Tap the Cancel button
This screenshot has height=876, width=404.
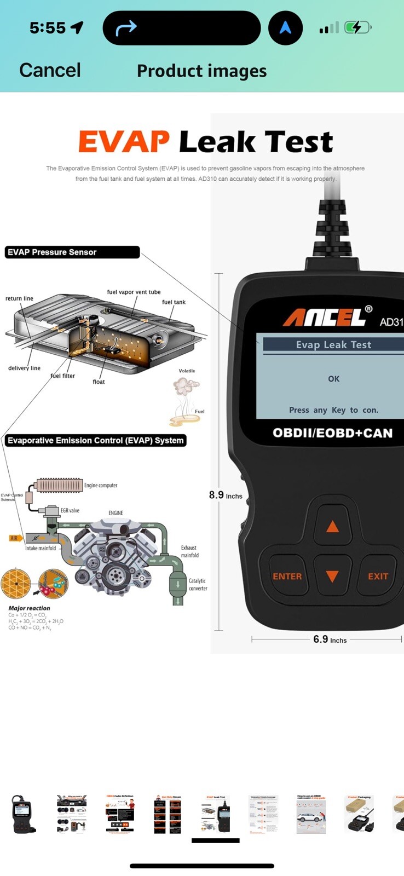[50, 70]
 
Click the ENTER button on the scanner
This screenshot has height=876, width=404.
[287, 577]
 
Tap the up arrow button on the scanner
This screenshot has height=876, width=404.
[332, 527]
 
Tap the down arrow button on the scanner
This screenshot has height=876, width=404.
[332, 576]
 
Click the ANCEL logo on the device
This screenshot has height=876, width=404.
[324, 317]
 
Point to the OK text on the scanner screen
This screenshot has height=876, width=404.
[333, 379]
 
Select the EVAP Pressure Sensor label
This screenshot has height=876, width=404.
[52, 252]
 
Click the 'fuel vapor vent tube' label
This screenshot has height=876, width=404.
[134, 292]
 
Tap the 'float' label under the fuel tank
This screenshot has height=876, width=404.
[99, 382]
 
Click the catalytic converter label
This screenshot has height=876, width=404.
[198, 585]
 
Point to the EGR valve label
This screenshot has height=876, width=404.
[70, 510]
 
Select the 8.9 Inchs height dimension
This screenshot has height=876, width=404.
[225, 495]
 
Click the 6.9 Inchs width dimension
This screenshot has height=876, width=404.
[330, 639]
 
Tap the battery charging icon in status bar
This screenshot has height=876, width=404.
[357, 27]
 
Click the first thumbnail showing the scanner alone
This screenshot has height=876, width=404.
[23, 814]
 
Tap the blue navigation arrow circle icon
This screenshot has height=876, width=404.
[285, 27]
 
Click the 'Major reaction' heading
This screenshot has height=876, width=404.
[29, 608]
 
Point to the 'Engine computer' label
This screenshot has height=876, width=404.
[100, 486]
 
